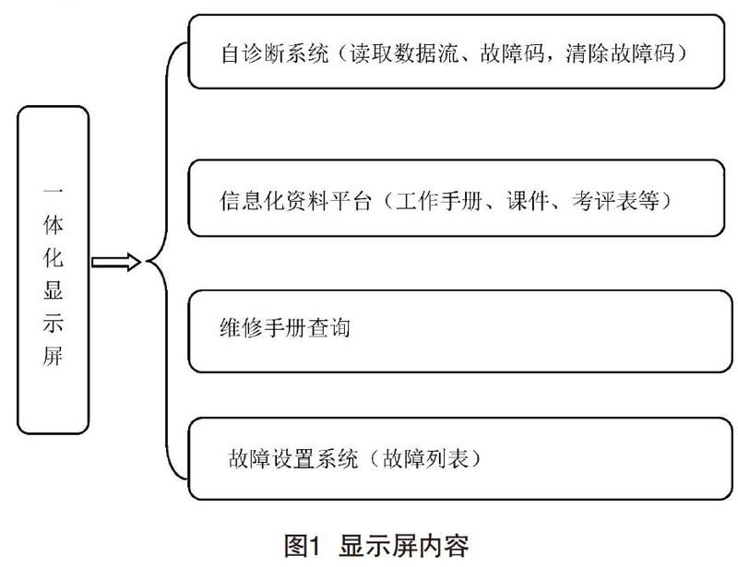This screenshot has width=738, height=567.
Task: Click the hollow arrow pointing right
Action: click(x=116, y=262)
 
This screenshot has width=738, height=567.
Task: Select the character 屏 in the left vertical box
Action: click(x=53, y=356)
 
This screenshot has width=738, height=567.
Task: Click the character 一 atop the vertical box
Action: click(x=53, y=192)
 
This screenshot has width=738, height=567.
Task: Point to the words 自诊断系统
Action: click(x=275, y=53)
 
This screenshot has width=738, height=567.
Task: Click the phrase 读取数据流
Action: click(x=404, y=53)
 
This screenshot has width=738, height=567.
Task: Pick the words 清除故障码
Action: click(x=620, y=53)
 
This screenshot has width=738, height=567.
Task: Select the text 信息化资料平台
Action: click(x=295, y=200)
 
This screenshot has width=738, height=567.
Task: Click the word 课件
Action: click(x=528, y=200)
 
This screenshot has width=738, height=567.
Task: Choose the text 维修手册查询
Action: click(x=285, y=327)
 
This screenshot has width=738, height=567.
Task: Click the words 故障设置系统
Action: click(x=293, y=458)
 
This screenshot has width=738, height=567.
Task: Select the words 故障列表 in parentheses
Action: click(x=426, y=458)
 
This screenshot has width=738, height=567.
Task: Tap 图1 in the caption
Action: click(x=303, y=546)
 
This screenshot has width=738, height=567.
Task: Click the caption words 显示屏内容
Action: click(x=404, y=546)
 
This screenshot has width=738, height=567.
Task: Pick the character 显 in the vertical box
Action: click(x=53, y=289)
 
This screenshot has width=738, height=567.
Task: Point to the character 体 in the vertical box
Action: click(x=53, y=224)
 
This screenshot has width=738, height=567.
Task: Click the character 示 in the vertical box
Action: click(x=53, y=323)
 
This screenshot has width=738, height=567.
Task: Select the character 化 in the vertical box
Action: click(x=53, y=257)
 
